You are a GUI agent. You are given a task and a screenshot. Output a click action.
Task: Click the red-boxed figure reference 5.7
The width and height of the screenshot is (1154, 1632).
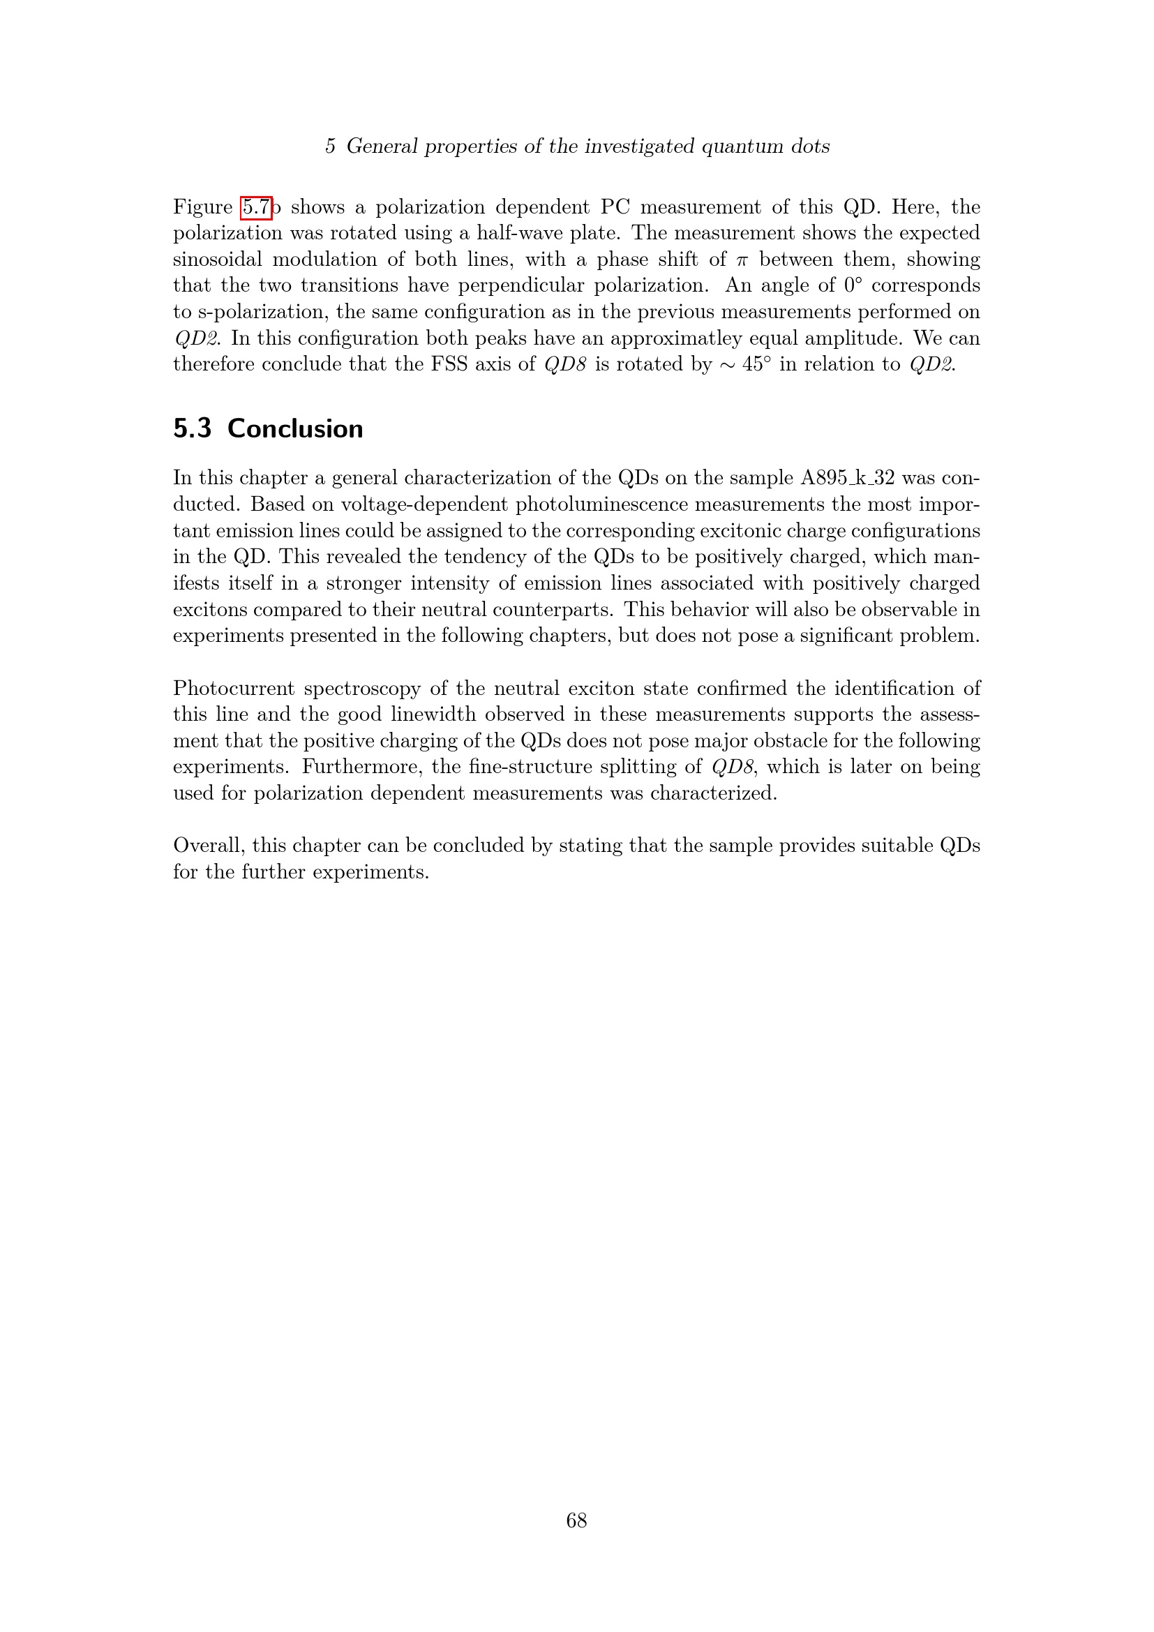point(256,207)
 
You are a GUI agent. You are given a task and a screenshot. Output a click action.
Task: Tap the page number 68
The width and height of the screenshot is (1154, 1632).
point(576,1520)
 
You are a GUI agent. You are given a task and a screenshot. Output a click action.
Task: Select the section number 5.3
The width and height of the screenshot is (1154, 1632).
point(193,428)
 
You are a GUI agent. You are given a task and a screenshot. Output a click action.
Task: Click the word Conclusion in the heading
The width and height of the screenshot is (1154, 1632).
point(295,428)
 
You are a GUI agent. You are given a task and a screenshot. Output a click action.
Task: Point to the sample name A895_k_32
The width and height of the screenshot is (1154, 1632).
point(848,478)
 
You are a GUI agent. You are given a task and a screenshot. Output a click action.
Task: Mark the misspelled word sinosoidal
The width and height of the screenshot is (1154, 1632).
point(218,260)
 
